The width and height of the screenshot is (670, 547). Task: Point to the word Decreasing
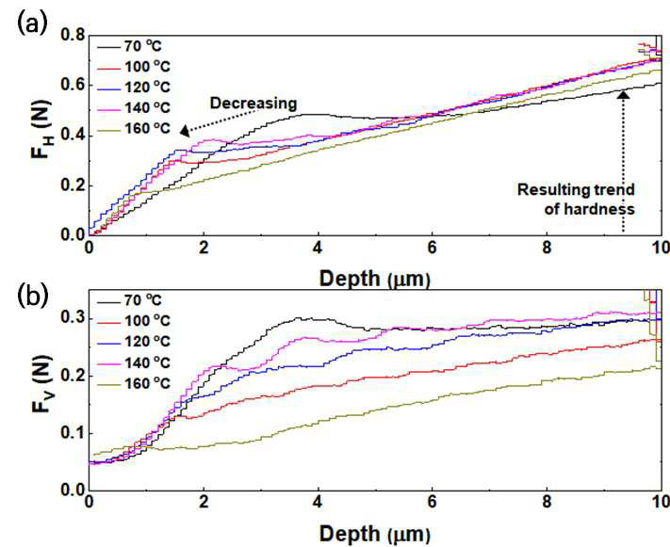253,104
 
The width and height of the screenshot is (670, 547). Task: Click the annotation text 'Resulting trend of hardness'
576,199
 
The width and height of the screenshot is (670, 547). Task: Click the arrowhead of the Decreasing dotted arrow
185,131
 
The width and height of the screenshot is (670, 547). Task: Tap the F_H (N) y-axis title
41,129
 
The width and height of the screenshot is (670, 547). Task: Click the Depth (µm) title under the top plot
375,279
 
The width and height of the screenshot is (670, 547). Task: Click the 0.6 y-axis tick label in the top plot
73,86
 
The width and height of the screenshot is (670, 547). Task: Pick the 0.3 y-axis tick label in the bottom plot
73,318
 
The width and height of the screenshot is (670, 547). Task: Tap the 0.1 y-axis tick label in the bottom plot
73,433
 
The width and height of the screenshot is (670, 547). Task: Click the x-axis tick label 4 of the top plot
318,248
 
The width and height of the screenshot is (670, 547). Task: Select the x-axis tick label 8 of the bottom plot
547,502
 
